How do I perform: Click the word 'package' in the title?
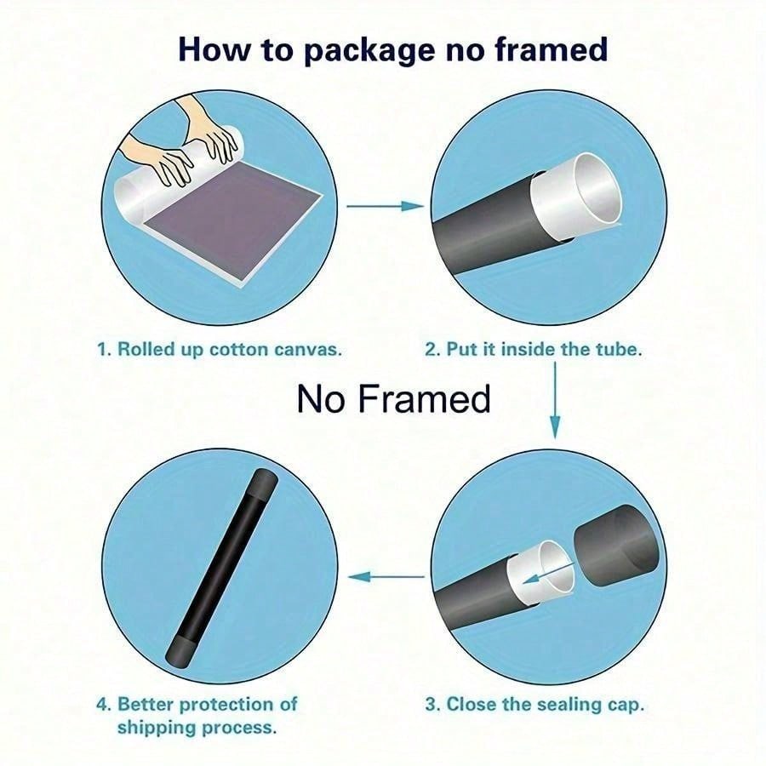coord(369,51)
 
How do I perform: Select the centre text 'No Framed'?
coord(393,398)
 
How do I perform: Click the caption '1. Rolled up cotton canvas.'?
coord(220,350)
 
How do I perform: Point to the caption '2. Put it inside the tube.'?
coord(534,350)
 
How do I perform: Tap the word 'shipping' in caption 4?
coord(157,728)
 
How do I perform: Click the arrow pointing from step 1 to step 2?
coord(386,206)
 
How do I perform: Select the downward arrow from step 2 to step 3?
coord(555,401)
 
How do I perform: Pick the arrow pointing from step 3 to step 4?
coord(386,577)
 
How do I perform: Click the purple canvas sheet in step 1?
coord(233,219)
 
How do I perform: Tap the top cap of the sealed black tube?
coord(265,483)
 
